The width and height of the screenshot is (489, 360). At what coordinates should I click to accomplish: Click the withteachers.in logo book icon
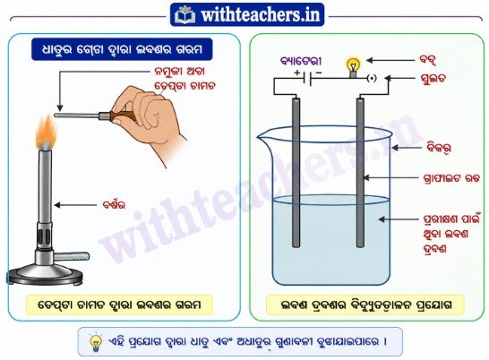185,14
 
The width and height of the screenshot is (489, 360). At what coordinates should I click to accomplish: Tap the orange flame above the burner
47,133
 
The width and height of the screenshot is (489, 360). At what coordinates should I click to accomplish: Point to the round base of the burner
46,276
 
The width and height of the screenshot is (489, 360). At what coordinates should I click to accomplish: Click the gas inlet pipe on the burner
73,256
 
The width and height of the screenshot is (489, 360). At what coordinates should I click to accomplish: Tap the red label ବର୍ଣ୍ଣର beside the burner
114,205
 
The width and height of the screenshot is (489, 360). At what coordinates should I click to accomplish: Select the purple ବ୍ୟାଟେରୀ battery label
301,61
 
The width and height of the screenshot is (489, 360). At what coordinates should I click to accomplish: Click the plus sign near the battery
297,73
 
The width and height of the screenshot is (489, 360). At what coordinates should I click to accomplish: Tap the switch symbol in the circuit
372,78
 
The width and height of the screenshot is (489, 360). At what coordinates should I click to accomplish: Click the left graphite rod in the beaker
296,173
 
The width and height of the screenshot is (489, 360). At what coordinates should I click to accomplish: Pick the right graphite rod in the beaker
360,173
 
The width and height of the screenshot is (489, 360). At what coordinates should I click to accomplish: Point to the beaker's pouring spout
262,136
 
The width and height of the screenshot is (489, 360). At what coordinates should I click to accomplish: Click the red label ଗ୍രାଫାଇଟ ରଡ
451,179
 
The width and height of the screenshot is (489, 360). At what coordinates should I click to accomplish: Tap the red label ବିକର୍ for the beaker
439,148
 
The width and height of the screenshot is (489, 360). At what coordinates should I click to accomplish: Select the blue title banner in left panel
122,49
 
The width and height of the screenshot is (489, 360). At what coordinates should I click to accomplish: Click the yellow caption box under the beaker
365,305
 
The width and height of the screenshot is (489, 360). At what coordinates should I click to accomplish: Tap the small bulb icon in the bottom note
96,342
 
